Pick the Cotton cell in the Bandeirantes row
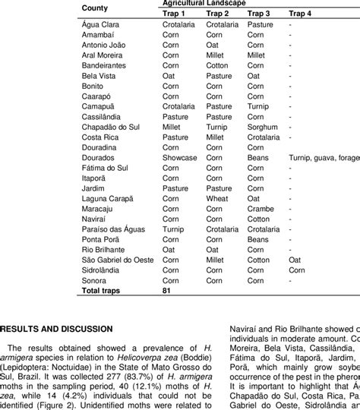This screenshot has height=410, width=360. (218, 66)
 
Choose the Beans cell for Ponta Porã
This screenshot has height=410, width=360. (259, 238)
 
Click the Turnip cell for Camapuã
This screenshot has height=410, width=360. (259, 106)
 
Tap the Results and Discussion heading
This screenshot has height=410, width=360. (57, 328)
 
